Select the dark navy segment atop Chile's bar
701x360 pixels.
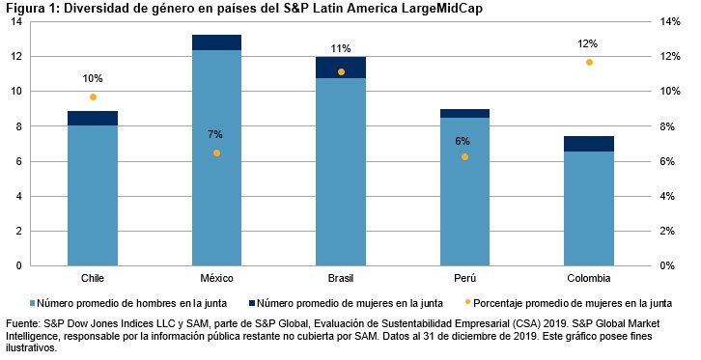click(x=93, y=118)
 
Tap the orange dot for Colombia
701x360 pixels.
click(x=589, y=62)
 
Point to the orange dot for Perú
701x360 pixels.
click(x=465, y=156)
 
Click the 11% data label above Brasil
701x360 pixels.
click(x=340, y=48)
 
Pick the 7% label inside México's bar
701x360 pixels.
click(x=215, y=134)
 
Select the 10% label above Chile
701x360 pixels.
click(x=93, y=78)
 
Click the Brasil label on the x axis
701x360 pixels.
click(x=340, y=278)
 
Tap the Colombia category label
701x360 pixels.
click(x=589, y=278)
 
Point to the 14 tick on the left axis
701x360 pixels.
click(x=17, y=21)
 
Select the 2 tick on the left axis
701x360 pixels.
click(x=20, y=232)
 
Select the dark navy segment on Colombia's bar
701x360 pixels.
click(x=589, y=144)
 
